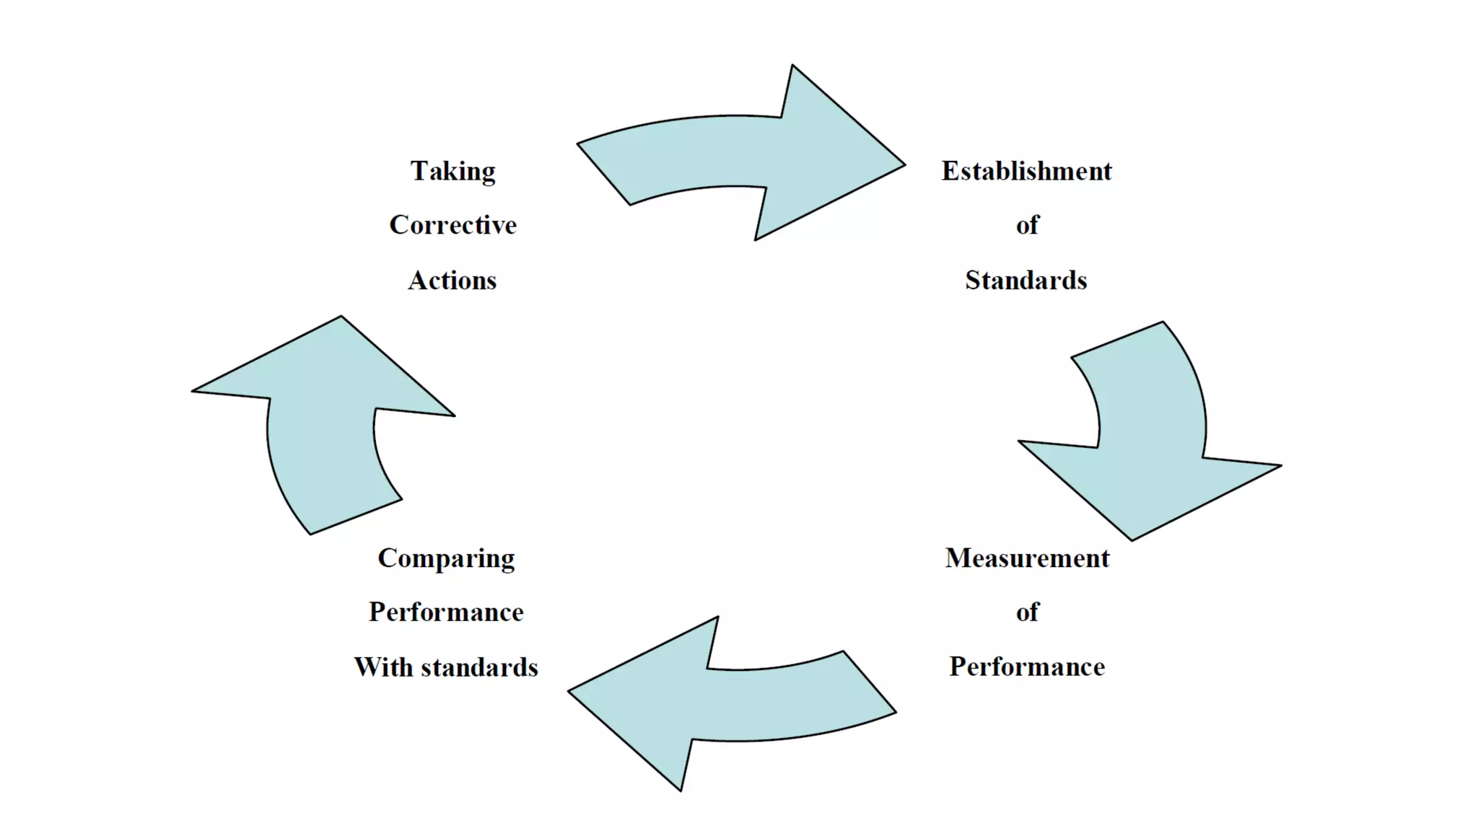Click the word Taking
click(x=452, y=172)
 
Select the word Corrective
click(x=452, y=225)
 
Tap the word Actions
click(x=452, y=280)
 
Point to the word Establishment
click(x=1026, y=172)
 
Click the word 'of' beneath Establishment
click(x=1027, y=225)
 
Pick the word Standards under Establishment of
click(x=1026, y=280)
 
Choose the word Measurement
click(x=1027, y=558)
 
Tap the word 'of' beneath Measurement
click(x=1027, y=612)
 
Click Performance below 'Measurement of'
click(x=1026, y=667)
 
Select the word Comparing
click(x=446, y=559)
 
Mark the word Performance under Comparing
click(x=446, y=612)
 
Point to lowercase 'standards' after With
click(x=479, y=667)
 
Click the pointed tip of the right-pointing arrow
click(x=903, y=165)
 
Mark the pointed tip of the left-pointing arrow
click(x=571, y=691)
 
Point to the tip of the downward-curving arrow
click(x=1132, y=538)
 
